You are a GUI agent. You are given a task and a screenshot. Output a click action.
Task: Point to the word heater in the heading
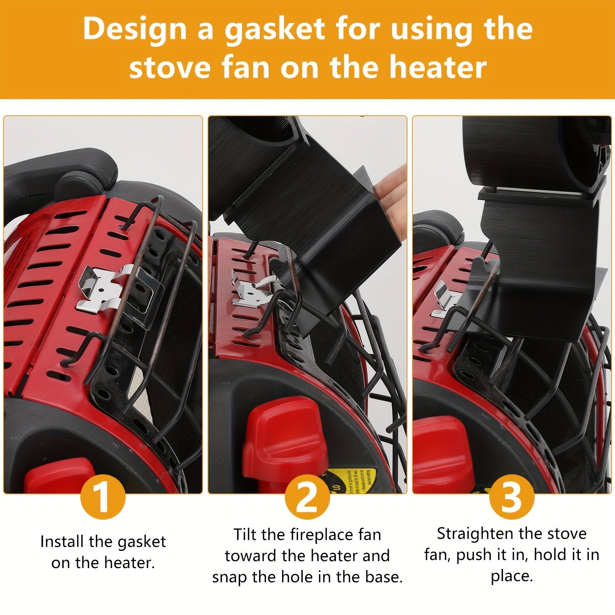pyautogui.click(x=438, y=67)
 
